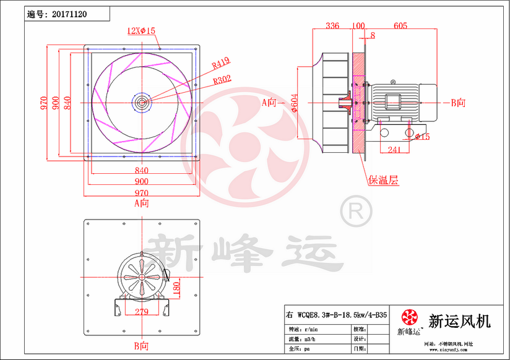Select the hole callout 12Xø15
[140, 30]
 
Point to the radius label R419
[220, 62]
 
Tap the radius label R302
[222, 80]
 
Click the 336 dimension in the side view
[332, 26]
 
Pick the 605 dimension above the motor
[400, 26]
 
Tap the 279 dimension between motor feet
[141, 312]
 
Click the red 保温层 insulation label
[383, 180]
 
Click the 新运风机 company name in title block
[459, 322]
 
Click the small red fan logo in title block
[409, 318]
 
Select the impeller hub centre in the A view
[142, 101]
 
